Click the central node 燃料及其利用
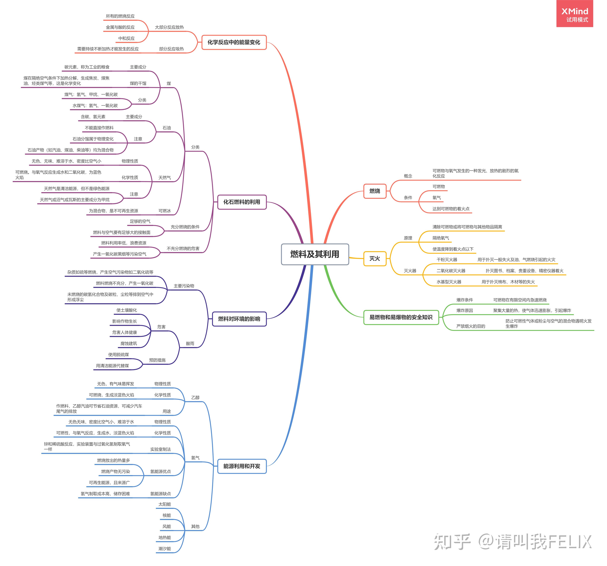(x=315, y=254)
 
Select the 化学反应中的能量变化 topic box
(x=234, y=42)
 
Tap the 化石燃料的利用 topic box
(x=242, y=202)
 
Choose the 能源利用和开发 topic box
(x=242, y=466)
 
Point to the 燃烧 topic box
(x=375, y=191)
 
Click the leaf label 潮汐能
(x=165, y=549)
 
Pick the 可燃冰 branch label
(x=165, y=211)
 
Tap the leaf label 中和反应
(x=126, y=38)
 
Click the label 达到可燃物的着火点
(x=451, y=209)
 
